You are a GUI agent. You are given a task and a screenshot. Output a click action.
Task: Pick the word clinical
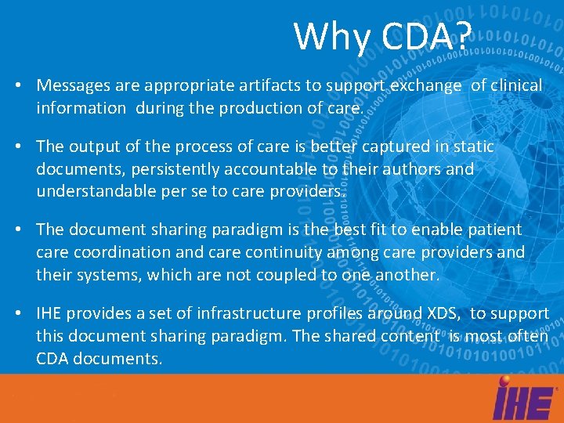[x=516, y=85]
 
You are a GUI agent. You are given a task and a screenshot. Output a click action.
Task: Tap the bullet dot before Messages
[x=17, y=85]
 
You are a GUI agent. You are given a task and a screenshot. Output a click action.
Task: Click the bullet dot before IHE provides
[x=17, y=313]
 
